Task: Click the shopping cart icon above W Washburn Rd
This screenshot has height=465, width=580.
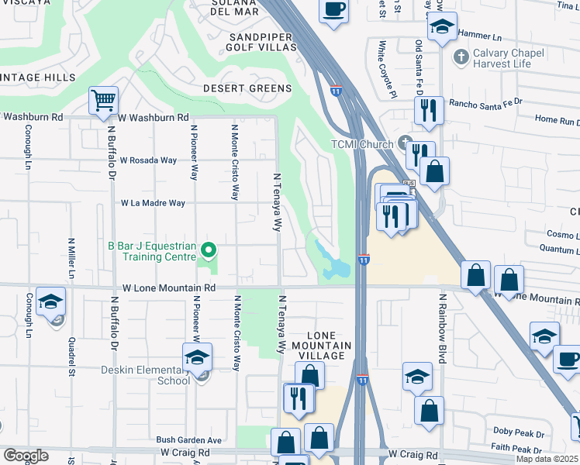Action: click(x=103, y=100)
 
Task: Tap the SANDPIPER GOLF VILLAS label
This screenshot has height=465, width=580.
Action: click(x=261, y=42)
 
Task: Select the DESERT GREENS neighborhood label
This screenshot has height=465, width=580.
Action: click(x=247, y=88)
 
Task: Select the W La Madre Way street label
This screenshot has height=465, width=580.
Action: click(x=153, y=203)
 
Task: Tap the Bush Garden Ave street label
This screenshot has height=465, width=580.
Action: click(x=189, y=439)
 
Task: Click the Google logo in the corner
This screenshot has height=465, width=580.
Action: click(x=26, y=456)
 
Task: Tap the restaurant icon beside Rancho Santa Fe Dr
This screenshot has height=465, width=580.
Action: click(x=428, y=111)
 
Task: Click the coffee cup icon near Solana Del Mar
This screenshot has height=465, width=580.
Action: click(x=333, y=10)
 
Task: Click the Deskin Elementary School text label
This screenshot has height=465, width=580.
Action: click(x=146, y=375)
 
